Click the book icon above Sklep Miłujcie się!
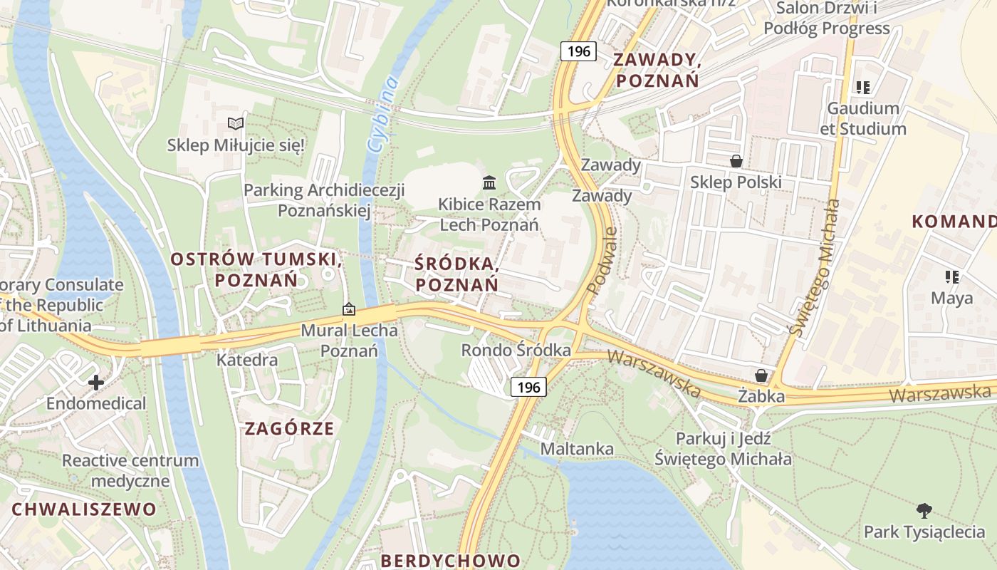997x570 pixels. point(236,124)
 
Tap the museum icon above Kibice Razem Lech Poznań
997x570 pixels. point(489,183)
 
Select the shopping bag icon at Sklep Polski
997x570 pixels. point(736,161)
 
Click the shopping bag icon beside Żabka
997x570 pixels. point(761,375)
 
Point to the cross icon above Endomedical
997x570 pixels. point(96,383)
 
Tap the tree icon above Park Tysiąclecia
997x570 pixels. point(924,511)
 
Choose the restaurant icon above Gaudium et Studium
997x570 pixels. point(863,88)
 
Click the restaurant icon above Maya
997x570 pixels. point(951,276)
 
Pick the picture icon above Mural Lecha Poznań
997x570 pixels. point(349,309)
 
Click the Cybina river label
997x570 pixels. point(383,114)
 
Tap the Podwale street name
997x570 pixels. point(602,261)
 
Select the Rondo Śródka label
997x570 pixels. point(516,351)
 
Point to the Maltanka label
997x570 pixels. point(577,449)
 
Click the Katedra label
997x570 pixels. point(247,360)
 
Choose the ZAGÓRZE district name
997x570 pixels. point(289,428)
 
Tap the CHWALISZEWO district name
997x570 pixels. point(84,509)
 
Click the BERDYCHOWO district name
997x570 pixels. point(451,560)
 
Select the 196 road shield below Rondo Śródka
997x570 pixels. point(528,387)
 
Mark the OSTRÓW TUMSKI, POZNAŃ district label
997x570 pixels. point(256,269)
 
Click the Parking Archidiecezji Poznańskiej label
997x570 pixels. point(324,200)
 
